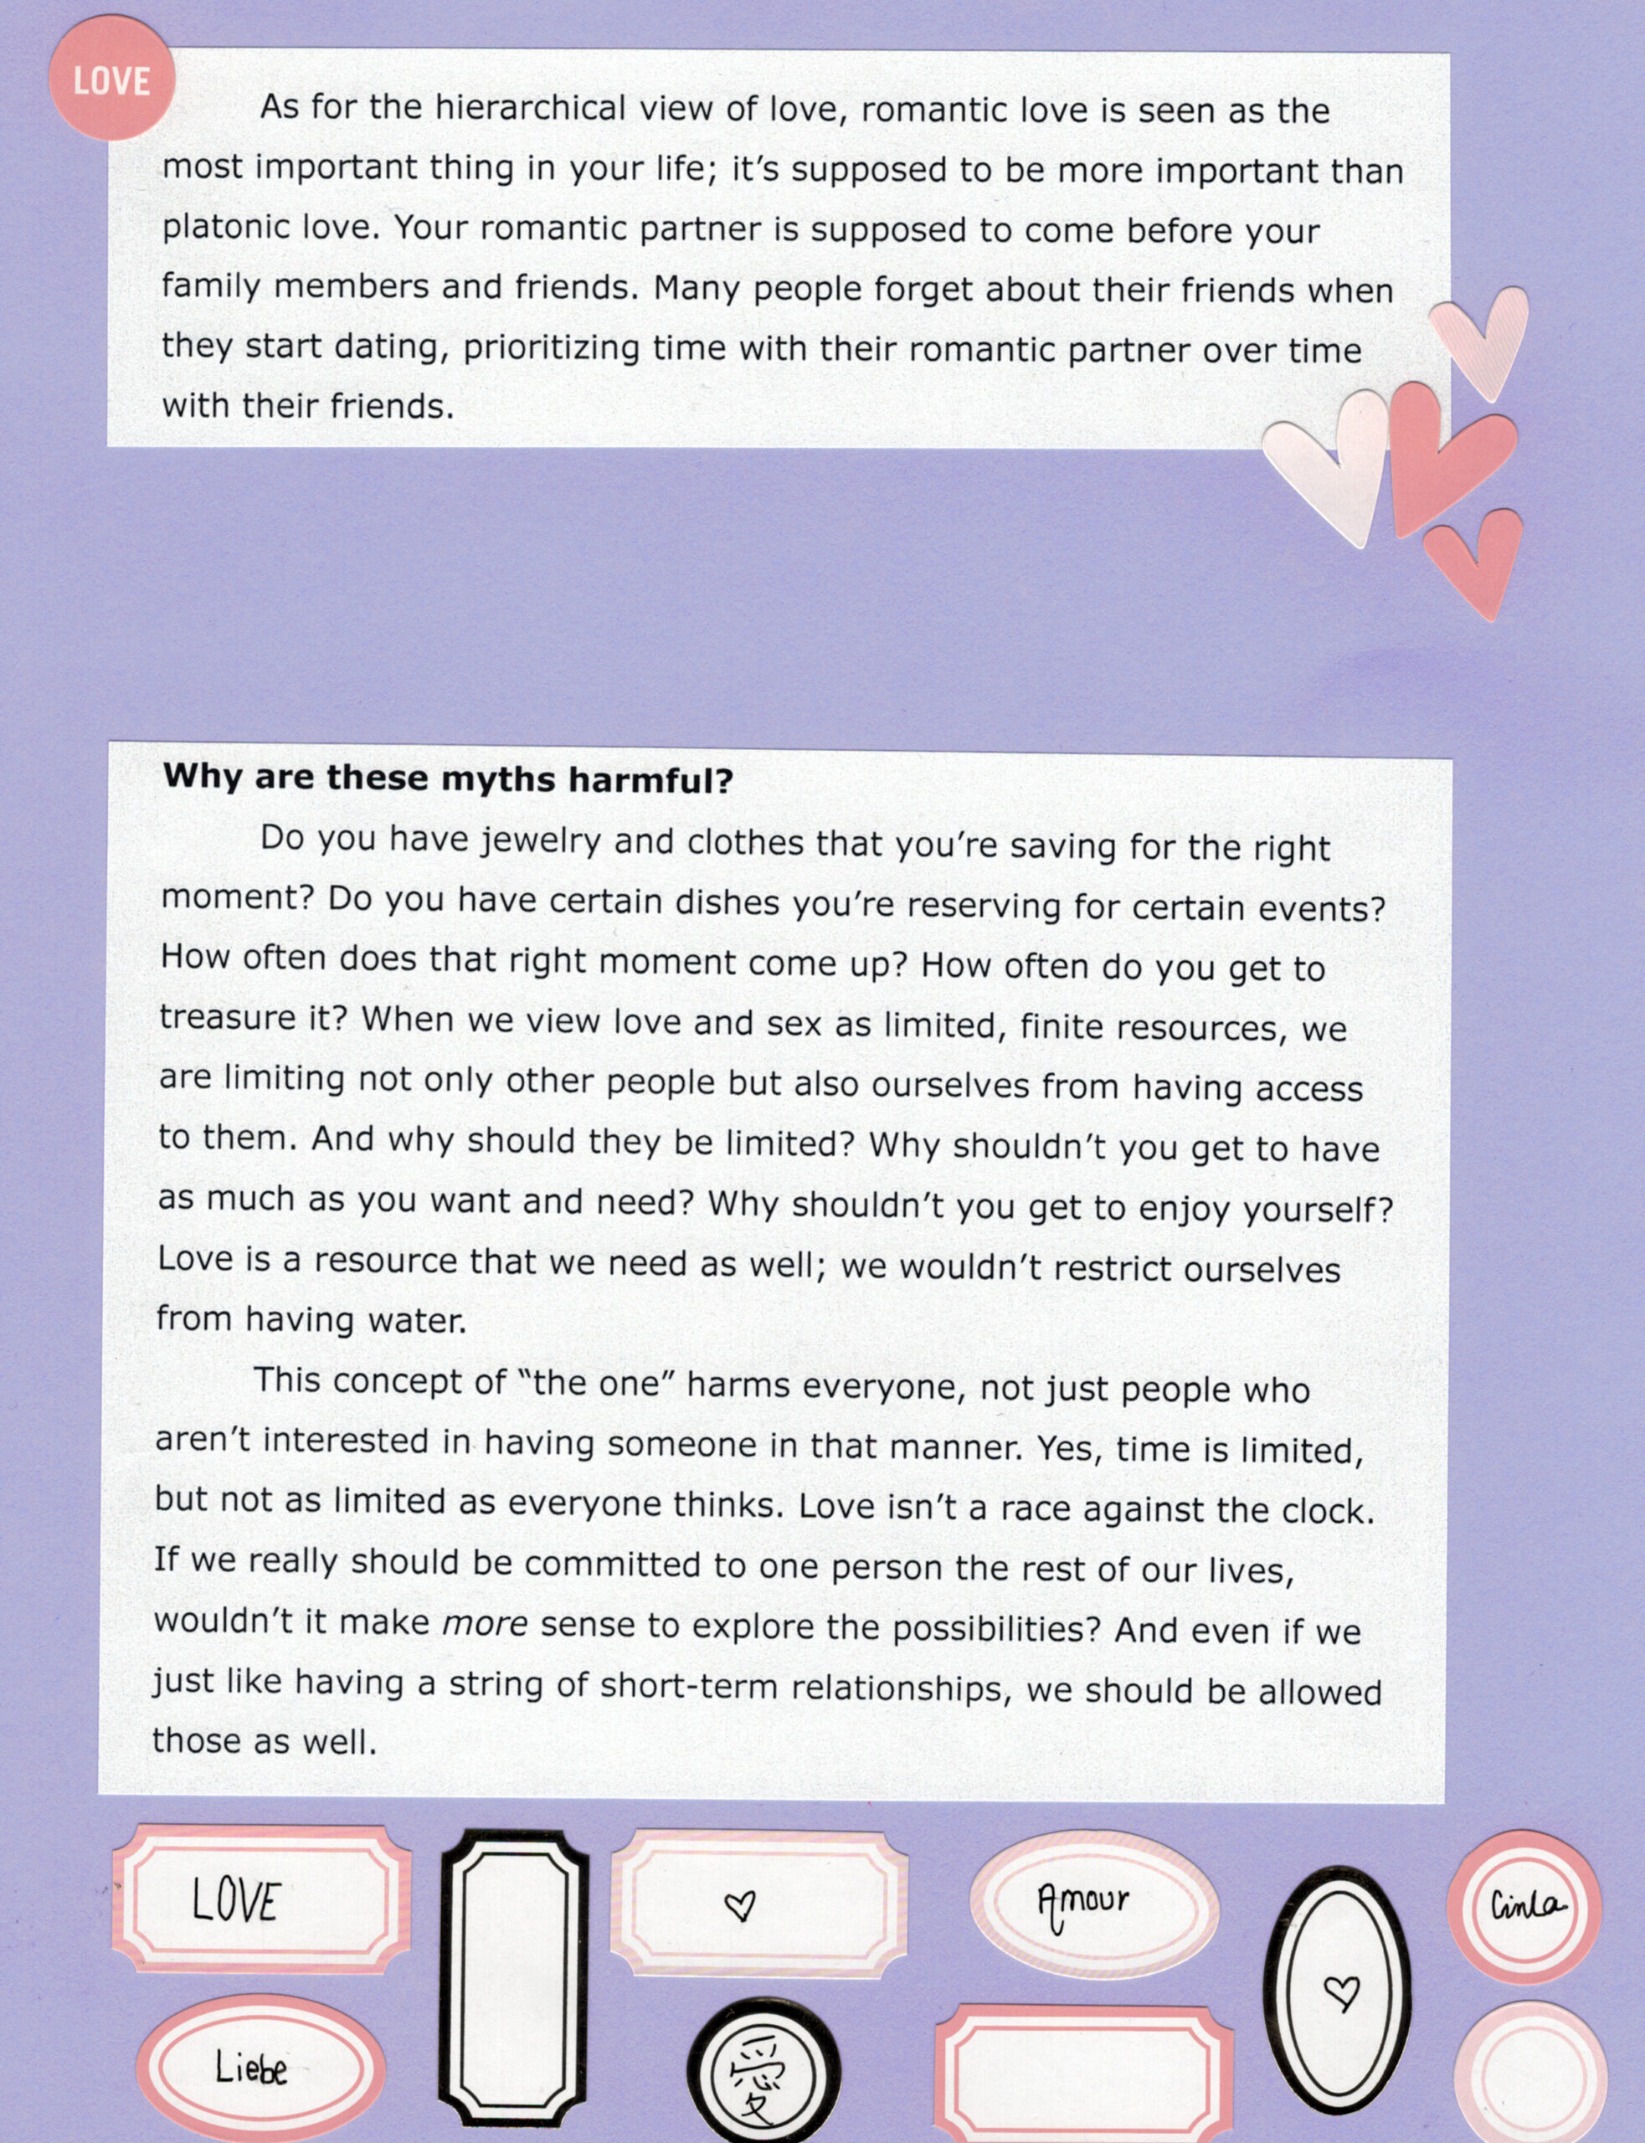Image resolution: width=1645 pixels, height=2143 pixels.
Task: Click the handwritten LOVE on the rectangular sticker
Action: (x=236, y=1902)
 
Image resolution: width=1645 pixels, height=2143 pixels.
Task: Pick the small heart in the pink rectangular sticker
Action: (x=740, y=1905)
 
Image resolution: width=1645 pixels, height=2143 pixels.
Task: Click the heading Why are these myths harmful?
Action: (x=448, y=779)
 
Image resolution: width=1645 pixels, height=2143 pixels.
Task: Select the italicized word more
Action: (x=486, y=1623)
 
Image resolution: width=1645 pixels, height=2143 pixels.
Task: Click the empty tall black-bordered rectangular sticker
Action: (x=514, y=1974)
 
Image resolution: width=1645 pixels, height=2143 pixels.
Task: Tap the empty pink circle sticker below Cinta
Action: (x=1528, y=2074)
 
